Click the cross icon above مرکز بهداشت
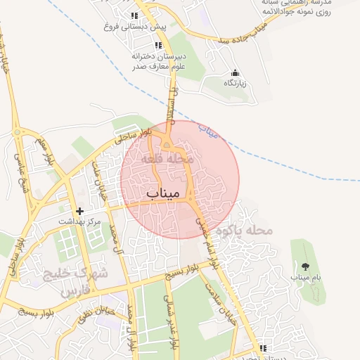point(79,211)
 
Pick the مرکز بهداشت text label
point(79,221)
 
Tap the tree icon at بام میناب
point(305,266)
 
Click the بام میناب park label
point(306,277)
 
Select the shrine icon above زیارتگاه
point(235,73)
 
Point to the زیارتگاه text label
point(236,84)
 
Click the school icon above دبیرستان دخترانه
point(157,45)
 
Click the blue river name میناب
point(209,129)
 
